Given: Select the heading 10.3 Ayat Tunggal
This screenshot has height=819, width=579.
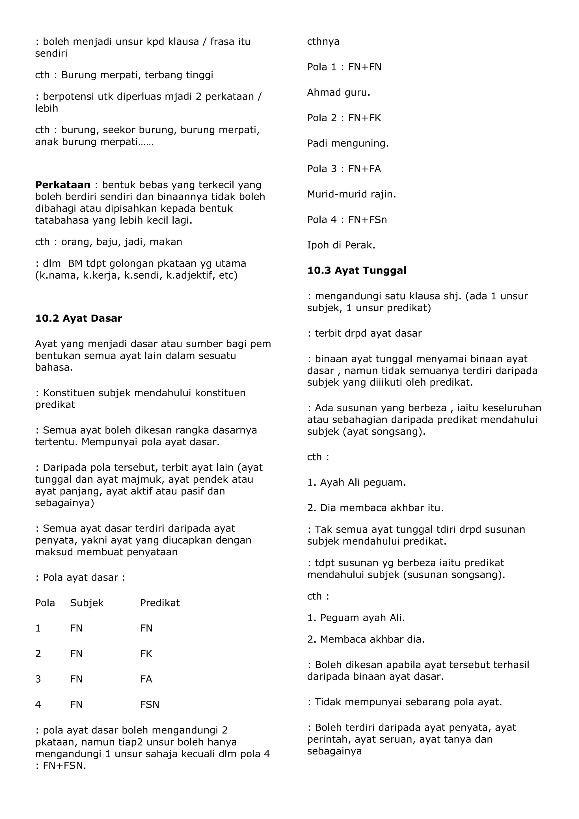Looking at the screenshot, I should pyautogui.click(x=357, y=270).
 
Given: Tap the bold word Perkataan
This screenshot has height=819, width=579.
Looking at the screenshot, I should pyautogui.click(x=63, y=185).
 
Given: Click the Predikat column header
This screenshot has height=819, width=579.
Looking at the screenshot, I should pyautogui.click(x=160, y=603).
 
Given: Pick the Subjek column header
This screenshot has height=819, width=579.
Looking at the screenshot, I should pyautogui.click(x=87, y=603).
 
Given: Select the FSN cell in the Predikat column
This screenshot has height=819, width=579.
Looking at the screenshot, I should pyautogui.click(x=149, y=704).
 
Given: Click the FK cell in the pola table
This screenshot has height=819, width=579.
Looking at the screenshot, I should pyautogui.click(x=146, y=654).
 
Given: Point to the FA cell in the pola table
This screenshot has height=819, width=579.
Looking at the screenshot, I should pyautogui.click(x=146, y=679).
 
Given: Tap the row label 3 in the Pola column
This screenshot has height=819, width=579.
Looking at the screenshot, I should pyautogui.click(x=38, y=679).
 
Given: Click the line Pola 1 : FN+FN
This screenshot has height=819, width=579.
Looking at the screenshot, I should pyautogui.click(x=344, y=67).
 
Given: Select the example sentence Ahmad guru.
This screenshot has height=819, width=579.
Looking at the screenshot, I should pyautogui.click(x=338, y=93).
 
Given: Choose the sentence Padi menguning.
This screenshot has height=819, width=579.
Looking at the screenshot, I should pyautogui.click(x=348, y=143).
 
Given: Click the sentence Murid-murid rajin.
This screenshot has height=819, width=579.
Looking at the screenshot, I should pyautogui.click(x=351, y=194).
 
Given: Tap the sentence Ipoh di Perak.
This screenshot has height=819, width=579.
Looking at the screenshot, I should pyautogui.click(x=341, y=245).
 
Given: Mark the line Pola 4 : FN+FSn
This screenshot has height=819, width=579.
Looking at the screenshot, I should pyautogui.click(x=347, y=220).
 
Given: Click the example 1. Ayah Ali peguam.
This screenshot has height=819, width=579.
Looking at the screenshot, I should pyautogui.click(x=357, y=482).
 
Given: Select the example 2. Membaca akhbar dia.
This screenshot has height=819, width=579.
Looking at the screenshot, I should pyautogui.click(x=366, y=639).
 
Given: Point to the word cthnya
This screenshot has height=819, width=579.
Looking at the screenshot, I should pyautogui.click(x=323, y=42).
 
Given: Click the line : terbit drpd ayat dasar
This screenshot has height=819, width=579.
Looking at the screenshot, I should pyautogui.click(x=364, y=333).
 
